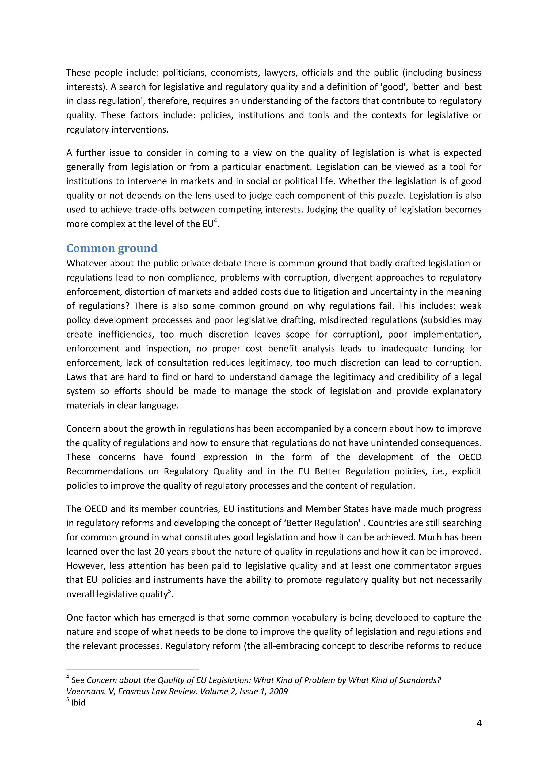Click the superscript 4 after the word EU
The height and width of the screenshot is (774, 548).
pos(216,221)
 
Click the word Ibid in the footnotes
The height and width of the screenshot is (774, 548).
pos(78,703)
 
